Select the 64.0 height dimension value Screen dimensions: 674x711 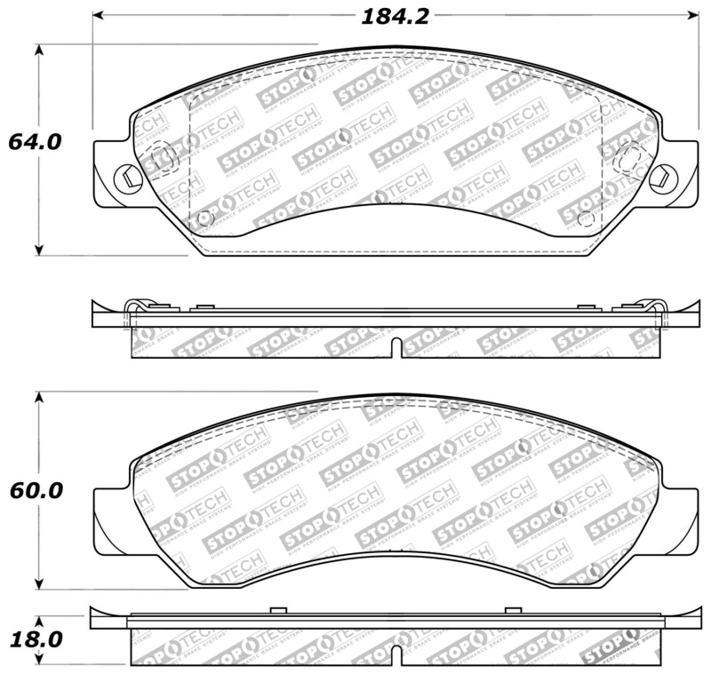[x=35, y=141]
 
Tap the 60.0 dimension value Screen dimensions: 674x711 [x=35, y=490]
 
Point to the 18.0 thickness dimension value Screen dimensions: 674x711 [x=35, y=639]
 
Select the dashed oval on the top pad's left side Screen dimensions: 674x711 [x=158, y=158]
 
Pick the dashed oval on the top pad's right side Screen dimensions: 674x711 [x=631, y=157]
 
